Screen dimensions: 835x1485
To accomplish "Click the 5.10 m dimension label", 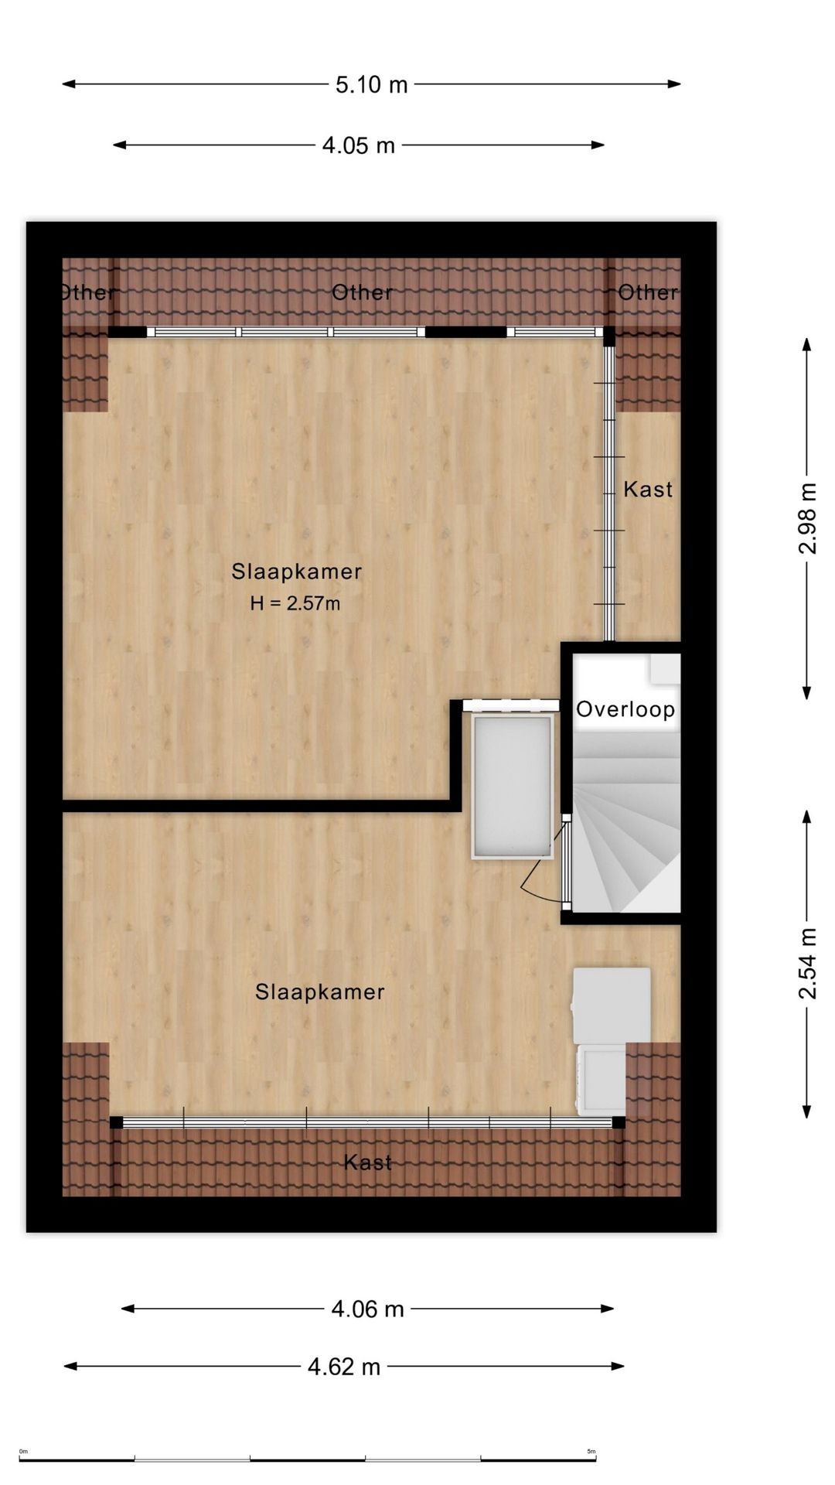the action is tap(371, 84).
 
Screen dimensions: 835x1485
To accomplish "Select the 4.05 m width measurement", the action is tap(358, 145).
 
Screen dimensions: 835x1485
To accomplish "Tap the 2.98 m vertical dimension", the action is tap(807, 518).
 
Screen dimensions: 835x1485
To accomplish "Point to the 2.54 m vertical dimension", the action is tap(807, 963).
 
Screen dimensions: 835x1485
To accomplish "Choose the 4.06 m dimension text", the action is tap(368, 1309).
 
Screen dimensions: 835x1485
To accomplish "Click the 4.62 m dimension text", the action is tap(344, 1367).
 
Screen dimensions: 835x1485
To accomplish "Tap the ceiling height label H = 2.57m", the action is tap(295, 603).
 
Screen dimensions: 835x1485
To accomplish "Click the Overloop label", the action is tap(625, 709).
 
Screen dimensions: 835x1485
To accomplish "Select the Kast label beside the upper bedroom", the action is tap(648, 489).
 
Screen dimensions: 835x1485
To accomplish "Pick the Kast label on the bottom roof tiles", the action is tap(368, 1162).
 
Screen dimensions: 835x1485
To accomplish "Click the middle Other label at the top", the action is tap(362, 292).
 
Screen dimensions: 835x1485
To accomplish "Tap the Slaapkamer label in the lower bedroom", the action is tap(320, 992).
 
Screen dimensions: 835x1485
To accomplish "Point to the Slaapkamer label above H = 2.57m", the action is tap(297, 572).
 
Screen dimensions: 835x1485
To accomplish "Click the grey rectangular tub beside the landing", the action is tap(513, 786).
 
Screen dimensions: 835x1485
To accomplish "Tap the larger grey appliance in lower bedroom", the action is tap(611, 1005).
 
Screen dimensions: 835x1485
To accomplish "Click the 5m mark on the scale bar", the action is tap(591, 1452).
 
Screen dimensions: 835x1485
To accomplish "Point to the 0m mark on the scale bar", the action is tap(23, 1452).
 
